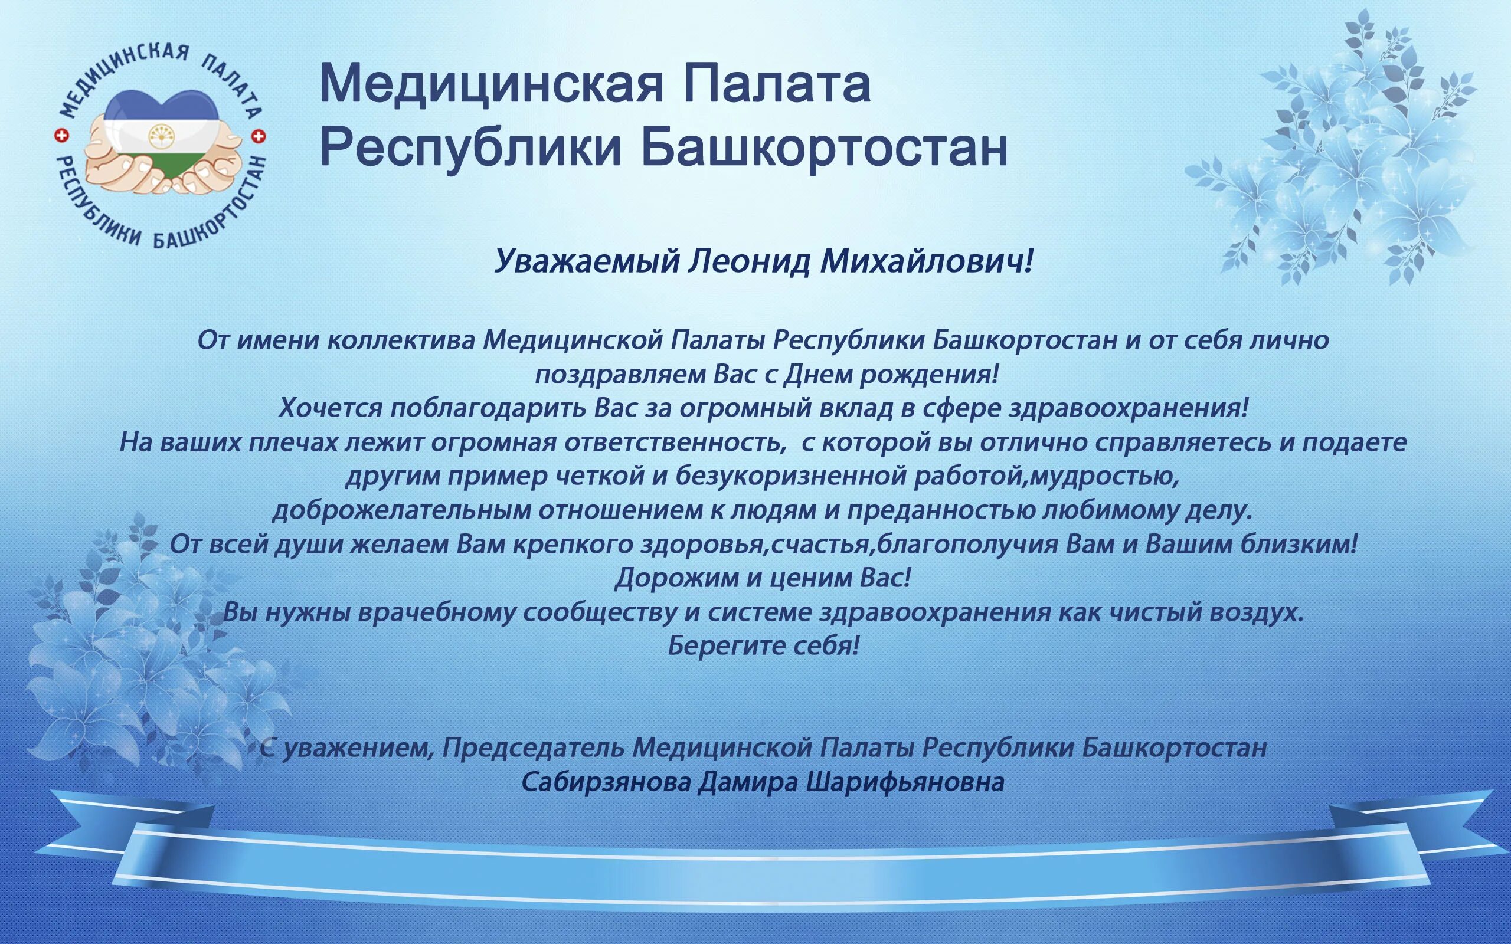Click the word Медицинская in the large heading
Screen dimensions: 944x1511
(x=490, y=84)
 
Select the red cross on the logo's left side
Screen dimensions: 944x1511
(x=61, y=136)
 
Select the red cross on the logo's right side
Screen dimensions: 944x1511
(x=258, y=136)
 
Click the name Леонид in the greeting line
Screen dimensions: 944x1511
(x=748, y=261)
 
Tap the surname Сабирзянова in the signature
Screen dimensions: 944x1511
(x=606, y=782)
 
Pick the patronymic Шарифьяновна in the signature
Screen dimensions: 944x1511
(x=905, y=782)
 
